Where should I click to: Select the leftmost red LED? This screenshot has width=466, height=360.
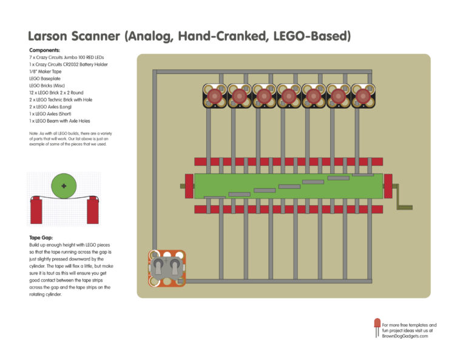tap(214, 96)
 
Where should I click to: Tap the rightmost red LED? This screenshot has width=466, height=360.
tap(362, 96)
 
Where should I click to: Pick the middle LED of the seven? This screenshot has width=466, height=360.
tap(288, 96)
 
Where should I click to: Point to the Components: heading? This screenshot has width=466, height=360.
tap(45, 50)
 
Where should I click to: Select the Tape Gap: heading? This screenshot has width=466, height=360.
tap(41, 238)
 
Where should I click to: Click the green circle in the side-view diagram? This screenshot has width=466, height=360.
tap(64, 186)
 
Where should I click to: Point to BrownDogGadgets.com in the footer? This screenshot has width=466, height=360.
tap(405, 336)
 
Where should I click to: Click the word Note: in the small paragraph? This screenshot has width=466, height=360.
tap(34, 133)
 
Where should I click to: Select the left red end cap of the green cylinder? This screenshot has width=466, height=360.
tap(188, 185)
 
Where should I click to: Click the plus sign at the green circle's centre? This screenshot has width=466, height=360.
tap(64, 186)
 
